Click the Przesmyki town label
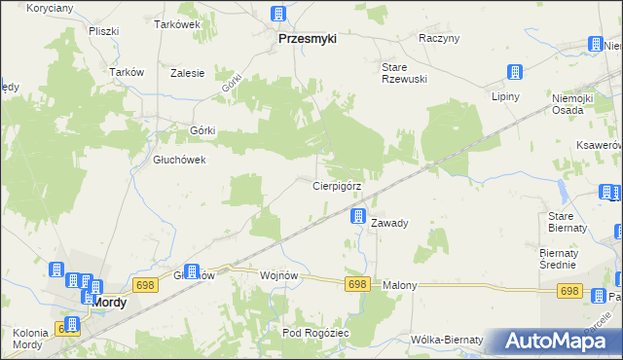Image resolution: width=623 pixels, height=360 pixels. click(x=307, y=39)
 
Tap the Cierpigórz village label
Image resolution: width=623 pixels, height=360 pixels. click(x=339, y=185)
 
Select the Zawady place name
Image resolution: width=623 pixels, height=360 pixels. click(x=389, y=223)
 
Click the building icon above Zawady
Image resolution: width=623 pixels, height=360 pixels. click(x=359, y=216)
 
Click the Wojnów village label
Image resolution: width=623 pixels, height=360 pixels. click(x=278, y=275)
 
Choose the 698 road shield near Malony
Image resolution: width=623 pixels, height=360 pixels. click(x=357, y=283)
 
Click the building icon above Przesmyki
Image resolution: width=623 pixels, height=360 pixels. click(x=278, y=15)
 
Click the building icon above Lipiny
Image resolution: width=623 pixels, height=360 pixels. click(x=515, y=72)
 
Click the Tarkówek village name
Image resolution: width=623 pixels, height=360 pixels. click(x=176, y=24)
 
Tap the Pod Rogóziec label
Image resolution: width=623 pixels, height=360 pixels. click(x=315, y=334)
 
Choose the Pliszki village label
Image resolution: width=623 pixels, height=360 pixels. click(x=102, y=31)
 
